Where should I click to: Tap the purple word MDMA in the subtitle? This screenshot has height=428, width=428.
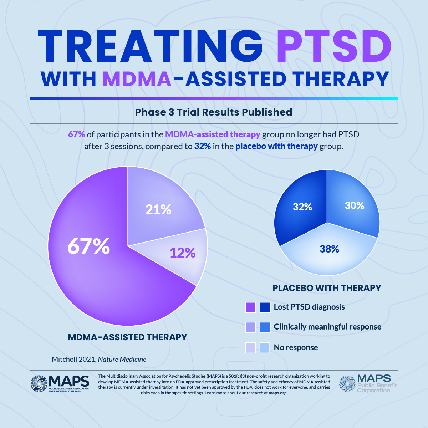pos(137,79)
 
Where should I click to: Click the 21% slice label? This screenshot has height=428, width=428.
pos(158,209)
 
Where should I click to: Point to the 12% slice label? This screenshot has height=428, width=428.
pos(183,253)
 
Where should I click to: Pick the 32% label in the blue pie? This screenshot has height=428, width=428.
pos(302,207)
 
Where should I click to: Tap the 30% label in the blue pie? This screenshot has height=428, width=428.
pos(355,205)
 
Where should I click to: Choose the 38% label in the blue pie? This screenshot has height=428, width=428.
pos(329,249)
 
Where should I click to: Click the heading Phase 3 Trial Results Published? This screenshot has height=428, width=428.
pos(214,112)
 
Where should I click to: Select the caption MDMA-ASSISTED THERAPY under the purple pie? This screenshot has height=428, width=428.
pos(127,337)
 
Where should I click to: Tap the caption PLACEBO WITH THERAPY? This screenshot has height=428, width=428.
pos(327,288)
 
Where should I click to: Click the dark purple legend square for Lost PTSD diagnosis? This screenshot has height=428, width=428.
pos(251,307)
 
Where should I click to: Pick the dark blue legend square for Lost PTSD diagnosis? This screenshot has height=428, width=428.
pos(265,307)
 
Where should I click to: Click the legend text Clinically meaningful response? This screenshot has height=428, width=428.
pos(327,327)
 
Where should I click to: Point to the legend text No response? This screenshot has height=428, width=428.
pos(296,347)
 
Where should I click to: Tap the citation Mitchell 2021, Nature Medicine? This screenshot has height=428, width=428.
pos(99,359)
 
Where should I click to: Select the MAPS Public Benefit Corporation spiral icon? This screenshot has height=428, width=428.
pos(347,383)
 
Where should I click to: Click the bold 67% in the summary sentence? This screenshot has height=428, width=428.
pos(76,134)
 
